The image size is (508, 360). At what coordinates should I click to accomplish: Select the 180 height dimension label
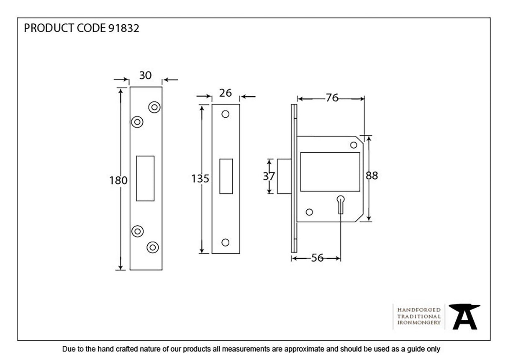(118, 180)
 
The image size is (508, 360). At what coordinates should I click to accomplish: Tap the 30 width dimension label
(145, 76)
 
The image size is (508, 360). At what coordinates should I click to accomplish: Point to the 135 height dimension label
(200, 179)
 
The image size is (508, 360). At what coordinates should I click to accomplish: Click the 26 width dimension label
(226, 93)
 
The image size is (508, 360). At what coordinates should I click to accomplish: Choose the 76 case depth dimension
(331, 98)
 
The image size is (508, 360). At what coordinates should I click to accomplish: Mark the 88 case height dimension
(372, 176)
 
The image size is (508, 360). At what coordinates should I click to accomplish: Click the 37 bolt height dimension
(269, 176)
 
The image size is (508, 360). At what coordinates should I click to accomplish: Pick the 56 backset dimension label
(318, 258)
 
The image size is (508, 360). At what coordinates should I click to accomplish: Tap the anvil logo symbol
(464, 316)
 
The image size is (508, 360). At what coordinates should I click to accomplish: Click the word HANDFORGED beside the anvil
(419, 310)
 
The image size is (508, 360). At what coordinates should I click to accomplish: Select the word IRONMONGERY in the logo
(419, 323)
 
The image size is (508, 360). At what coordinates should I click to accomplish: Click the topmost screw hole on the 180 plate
(154, 107)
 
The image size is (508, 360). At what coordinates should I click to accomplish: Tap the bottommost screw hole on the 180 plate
(153, 247)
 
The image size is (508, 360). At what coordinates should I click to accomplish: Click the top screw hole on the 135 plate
(226, 114)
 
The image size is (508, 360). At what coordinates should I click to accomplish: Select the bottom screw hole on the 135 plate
(226, 242)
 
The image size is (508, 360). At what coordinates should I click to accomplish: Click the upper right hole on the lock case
(354, 145)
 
